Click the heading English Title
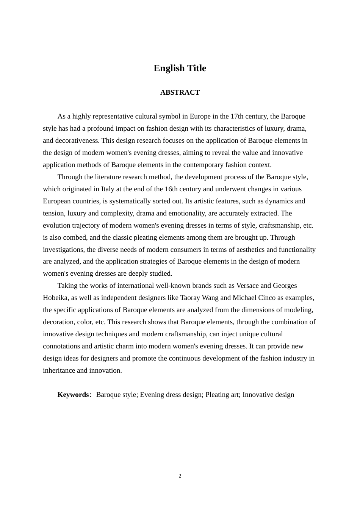point(180,68)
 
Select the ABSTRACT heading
point(180,92)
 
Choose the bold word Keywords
point(73,395)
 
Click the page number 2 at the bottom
point(180,476)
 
